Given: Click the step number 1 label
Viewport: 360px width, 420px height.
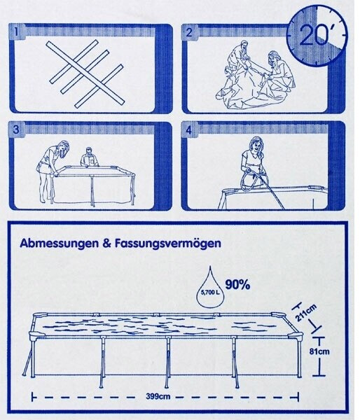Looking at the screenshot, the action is point(16,32).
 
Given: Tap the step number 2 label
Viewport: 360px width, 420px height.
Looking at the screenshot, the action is point(189,32).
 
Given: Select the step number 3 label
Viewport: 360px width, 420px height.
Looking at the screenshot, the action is point(16,129).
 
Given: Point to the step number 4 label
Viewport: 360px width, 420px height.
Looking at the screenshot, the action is point(189,130).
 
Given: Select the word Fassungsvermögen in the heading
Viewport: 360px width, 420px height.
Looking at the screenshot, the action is point(168,244).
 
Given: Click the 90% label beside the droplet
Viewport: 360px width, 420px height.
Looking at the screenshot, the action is point(237,284).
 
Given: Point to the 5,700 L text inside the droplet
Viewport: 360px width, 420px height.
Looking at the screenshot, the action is point(210,292).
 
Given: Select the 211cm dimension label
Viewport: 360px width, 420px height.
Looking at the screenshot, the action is point(306,313).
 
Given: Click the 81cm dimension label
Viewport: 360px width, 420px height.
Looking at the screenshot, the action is point(319,351).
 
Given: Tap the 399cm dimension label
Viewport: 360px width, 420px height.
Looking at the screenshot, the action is point(158,396).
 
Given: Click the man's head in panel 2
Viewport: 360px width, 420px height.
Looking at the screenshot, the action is point(244,45).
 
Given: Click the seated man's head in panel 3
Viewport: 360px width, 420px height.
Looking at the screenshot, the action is point(89,152).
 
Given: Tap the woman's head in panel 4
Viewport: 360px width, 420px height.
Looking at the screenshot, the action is point(256,146).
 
